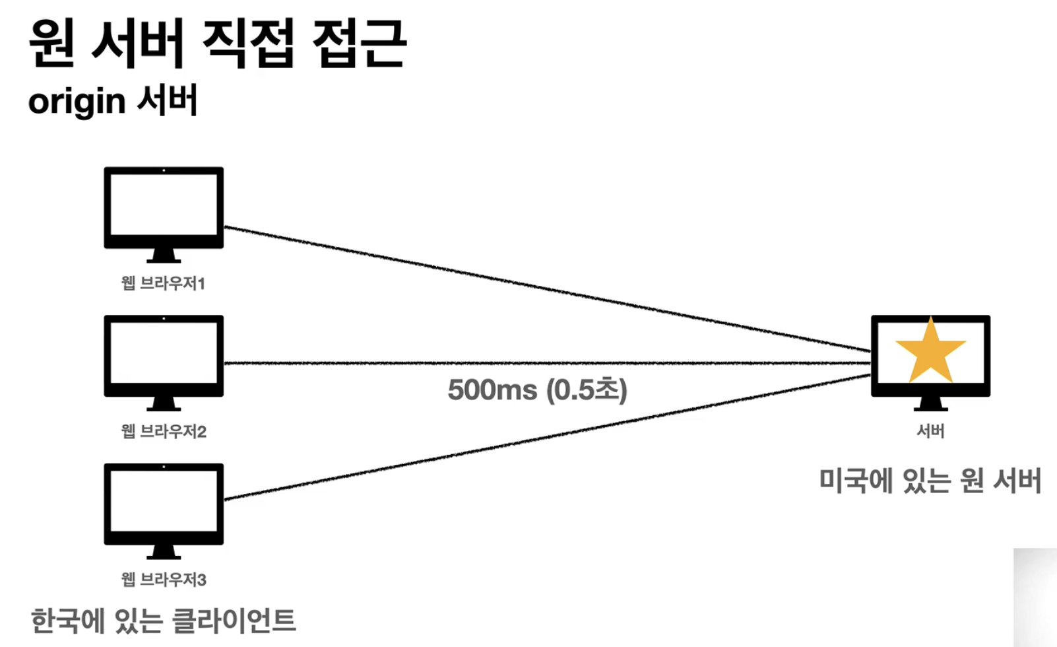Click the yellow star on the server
pyautogui.click(x=930, y=353)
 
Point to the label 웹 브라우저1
pyautogui.click(x=164, y=283)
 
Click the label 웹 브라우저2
pyautogui.click(x=164, y=432)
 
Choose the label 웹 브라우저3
pyautogui.click(x=164, y=580)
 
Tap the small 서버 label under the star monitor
pyautogui.click(x=930, y=431)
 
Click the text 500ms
pyautogui.click(x=492, y=390)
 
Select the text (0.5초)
pyautogui.click(x=587, y=390)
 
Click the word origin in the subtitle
pyautogui.click(x=77, y=102)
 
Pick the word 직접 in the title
pyautogui.click(x=247, y=44)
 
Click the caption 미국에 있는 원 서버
pyautogui.click(x=930, y=481)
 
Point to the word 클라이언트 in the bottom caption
pyautogui.click(x=234, y=621)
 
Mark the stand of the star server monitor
pyautogui.click(x=930, y=404)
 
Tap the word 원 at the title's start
pyautogui.click(x=52, y=44)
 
